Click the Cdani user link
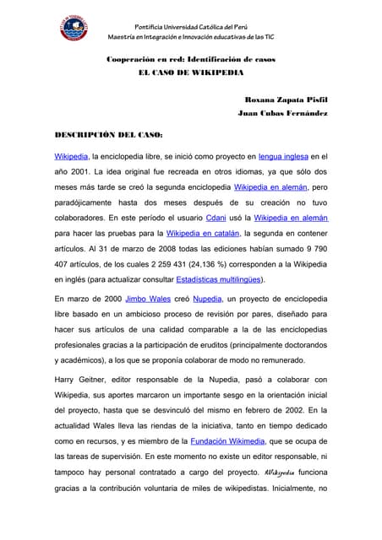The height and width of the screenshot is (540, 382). pos(216,217)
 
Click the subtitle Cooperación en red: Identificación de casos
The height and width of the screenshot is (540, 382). pos(190,59)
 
